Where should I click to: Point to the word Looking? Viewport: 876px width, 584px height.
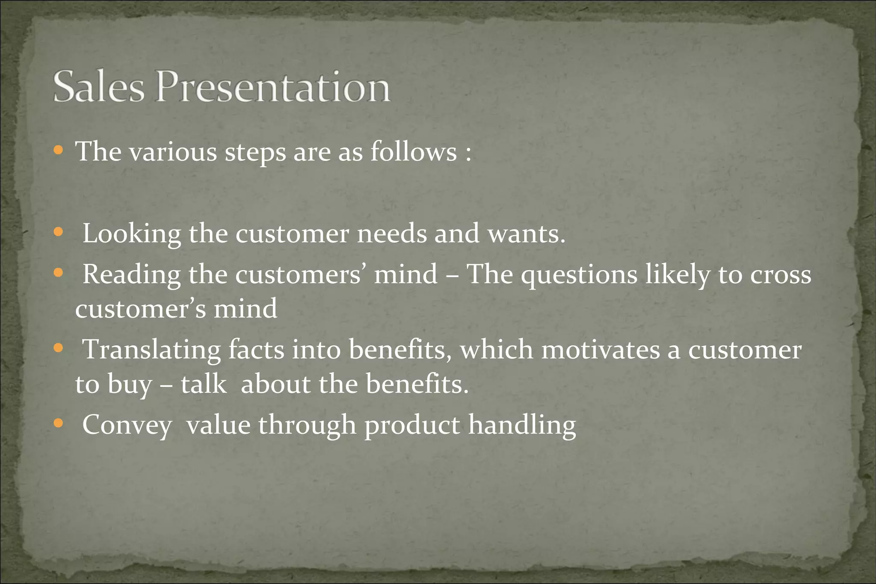(x=132, y=234)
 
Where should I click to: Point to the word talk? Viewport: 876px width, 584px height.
(x=203, y=384)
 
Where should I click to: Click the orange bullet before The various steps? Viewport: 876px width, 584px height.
(x=59, y=150)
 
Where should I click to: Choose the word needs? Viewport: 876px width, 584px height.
(x=392, y=234)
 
